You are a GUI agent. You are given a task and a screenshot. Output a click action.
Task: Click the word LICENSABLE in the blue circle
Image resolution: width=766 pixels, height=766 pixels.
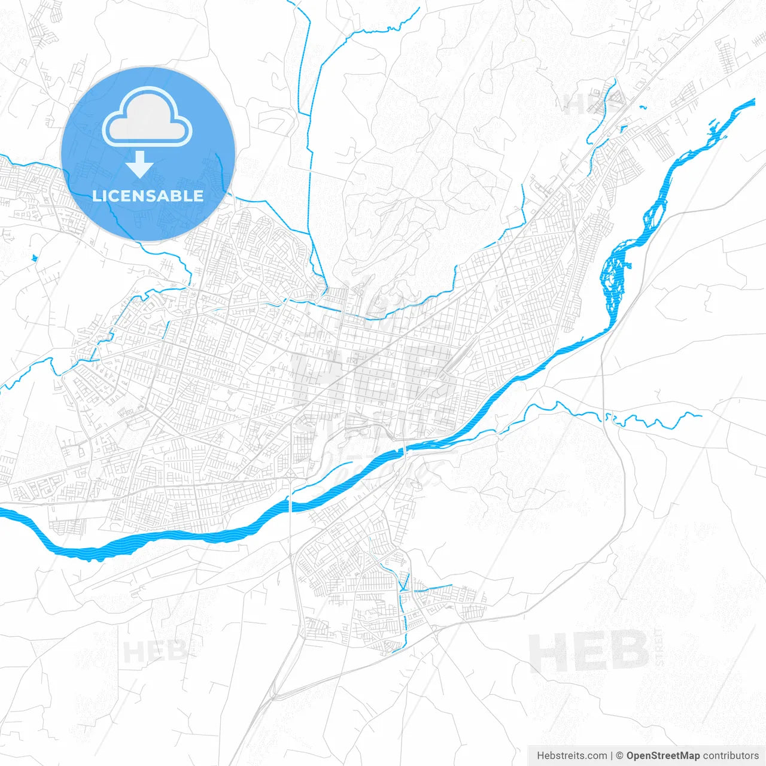pos(148,196)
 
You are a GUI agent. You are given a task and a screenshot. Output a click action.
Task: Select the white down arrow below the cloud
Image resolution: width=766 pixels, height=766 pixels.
pos(140,164)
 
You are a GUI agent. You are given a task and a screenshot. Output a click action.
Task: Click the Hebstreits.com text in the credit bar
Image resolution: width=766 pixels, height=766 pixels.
pos(572,756)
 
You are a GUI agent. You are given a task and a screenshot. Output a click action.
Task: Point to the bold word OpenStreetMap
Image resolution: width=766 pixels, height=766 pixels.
pos(663,756)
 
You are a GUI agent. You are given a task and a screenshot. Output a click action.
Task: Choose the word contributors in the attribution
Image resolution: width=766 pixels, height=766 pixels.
pos(731,756)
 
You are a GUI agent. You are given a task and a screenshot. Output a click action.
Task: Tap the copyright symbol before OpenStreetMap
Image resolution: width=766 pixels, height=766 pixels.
pos(620,756)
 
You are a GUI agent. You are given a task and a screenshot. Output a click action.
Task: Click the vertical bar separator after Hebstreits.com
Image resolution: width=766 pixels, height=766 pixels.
pos(612,756)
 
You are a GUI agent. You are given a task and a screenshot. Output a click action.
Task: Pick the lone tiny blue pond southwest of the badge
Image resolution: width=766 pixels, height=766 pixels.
pos(35,259)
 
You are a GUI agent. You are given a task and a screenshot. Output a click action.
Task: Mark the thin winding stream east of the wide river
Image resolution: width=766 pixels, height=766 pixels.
pos(628,419)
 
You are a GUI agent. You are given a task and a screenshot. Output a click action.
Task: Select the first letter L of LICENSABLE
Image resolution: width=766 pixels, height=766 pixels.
pos(96,196)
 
